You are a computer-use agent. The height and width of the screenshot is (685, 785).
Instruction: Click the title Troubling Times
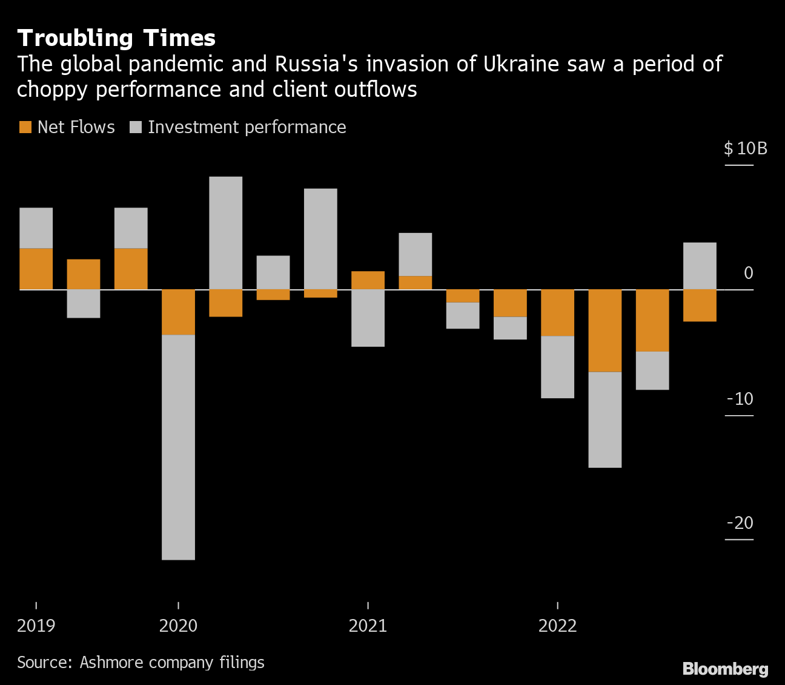coord(116,38)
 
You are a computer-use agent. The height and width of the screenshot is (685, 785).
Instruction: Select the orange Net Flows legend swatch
coord(25,127)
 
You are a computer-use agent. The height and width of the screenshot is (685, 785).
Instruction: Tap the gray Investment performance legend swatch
coord(136,127)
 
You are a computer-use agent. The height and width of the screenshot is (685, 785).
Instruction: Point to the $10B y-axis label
coord(745,149)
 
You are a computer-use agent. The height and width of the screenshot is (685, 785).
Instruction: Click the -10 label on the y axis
coord(740,399)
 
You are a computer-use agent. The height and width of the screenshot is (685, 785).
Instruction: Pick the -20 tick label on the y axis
coord(740,523)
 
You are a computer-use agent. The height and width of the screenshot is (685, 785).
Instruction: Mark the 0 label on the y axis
coord(749,274)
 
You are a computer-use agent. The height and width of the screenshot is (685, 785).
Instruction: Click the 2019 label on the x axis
coord(36,626)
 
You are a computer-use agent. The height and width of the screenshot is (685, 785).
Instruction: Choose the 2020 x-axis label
coord(178,626)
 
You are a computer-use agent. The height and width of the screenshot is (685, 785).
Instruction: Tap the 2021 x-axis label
coord(368,626)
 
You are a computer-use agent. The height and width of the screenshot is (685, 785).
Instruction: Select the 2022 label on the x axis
coord(557,626)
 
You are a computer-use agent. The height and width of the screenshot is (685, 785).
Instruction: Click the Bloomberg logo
coord(725,669)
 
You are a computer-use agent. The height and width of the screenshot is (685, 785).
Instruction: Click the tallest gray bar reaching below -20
coord(179,447)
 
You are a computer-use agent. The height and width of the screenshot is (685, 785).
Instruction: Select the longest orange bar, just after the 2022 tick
coord(605,330)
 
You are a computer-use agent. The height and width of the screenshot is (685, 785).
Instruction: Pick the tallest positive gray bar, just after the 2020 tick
coord(226,233)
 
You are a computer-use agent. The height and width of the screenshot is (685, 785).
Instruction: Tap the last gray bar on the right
coord(700,266)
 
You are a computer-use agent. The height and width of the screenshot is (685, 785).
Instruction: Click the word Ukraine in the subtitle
coord(521,64)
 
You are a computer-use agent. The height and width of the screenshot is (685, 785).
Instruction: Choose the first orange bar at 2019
coord(36,269)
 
